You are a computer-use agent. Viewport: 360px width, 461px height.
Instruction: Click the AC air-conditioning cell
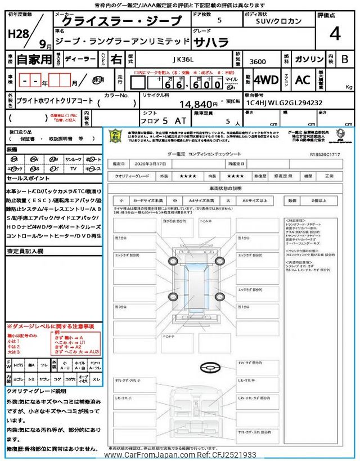click(x=303, y=80)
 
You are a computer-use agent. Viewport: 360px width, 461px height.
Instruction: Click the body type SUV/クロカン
click(x=276, y=21)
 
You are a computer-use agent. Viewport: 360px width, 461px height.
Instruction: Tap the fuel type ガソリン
click(x=308, y=58)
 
